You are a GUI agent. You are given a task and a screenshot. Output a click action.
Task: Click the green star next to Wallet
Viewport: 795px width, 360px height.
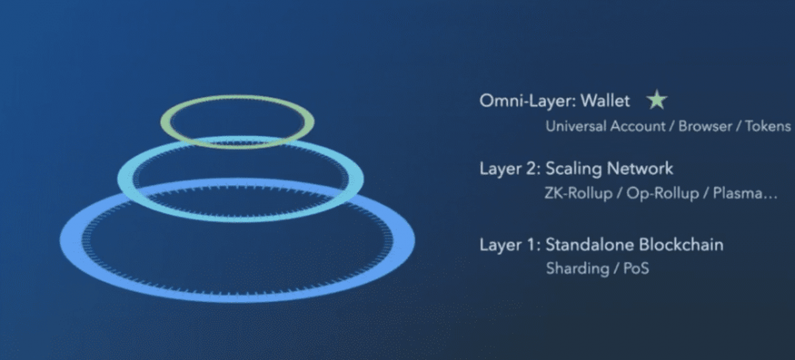[657, 100]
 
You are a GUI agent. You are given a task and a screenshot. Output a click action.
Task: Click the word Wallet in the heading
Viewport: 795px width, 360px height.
[605, 100]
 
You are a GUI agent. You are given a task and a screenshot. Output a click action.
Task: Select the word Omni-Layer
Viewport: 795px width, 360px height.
[527, 101]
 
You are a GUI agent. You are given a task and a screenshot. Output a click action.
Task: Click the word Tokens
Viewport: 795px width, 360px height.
[768, 126]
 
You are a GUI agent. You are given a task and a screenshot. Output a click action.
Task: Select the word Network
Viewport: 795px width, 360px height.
[641, 168]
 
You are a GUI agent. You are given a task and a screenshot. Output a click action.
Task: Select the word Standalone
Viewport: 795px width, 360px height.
[590, 245]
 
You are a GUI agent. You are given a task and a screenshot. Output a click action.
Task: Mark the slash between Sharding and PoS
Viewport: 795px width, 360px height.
[616, 269]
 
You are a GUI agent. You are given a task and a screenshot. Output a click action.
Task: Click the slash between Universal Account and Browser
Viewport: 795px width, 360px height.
[672, 126]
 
